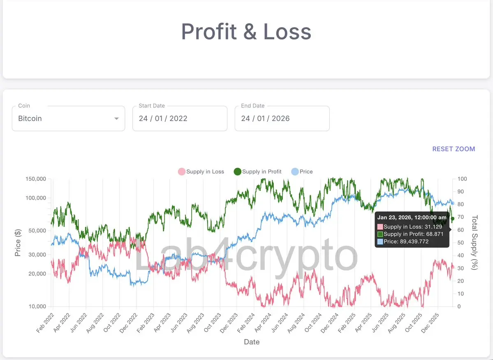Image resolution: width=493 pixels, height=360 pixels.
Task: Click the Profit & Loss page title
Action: (x=246, y=32)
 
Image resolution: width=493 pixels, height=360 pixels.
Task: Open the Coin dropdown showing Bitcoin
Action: (x=68, y=118)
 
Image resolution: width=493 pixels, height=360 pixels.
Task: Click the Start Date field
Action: (x=180, y=118)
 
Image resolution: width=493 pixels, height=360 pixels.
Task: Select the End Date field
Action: (x=282, y=118)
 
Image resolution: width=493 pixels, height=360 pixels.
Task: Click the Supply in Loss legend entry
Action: (x=201, y=172)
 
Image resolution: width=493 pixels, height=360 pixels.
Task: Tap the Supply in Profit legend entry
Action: (x=258, y=172)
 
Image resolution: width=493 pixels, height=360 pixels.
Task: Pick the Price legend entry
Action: (x=302, y=172)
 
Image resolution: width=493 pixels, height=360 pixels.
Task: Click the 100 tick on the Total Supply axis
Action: (x=462, y=179)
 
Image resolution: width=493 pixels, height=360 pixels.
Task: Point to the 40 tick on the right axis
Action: (x=461, y=255)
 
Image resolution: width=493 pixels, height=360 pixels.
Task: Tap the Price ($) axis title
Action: (x=18, y=243)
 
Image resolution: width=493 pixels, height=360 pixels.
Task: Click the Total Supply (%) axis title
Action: (x=475, y=243)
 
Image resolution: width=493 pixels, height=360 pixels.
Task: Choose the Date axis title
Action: (x=252, y=342)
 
